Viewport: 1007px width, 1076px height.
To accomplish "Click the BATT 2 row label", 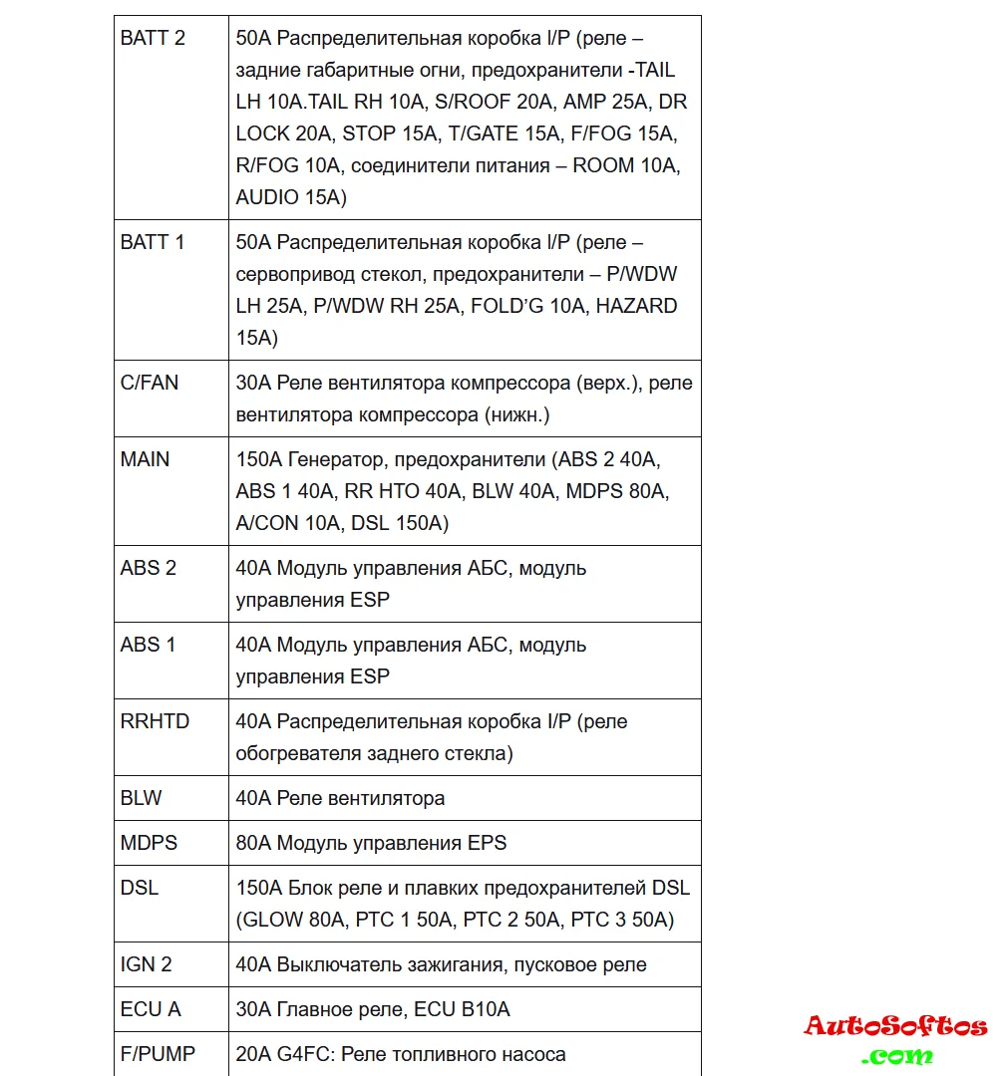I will [153, 39].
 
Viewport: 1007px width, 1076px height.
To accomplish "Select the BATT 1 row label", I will [153, 242].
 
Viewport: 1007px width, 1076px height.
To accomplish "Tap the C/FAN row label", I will [150, 383].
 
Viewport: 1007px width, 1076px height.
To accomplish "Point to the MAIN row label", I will [146, 459].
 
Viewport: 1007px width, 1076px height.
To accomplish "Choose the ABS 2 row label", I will [149, 568].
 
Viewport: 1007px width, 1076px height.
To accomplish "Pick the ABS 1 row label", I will [148, 645].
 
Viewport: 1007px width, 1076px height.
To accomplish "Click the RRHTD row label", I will [155, 721].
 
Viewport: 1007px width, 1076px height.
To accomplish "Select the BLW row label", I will [142, 798].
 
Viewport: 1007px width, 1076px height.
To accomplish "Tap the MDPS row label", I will [149, 843].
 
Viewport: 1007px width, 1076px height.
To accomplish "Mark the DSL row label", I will [140, 888].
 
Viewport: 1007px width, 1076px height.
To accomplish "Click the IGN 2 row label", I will [147, 964].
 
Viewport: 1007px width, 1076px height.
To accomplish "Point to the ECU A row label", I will [151, 1009].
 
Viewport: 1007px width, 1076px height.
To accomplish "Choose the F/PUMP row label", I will [158, 1054].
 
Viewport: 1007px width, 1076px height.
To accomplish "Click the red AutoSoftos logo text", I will [895, 1026].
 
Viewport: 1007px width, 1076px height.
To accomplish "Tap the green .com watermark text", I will [897, 1055].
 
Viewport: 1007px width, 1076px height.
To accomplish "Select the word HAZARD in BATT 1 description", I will [637, 306].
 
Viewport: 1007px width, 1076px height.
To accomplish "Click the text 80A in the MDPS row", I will [253, 843].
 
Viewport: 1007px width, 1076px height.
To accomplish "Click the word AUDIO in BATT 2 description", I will [267, 197].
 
